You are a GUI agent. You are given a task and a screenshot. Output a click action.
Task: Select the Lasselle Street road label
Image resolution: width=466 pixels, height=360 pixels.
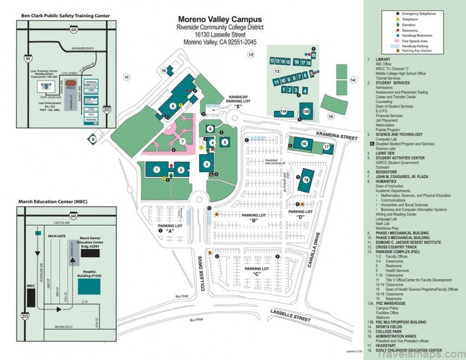click(290, 316)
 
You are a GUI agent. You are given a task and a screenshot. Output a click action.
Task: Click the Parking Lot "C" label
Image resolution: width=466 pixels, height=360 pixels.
click(257, 271)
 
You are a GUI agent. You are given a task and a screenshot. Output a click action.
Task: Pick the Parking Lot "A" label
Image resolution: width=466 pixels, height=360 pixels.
click(170, 228)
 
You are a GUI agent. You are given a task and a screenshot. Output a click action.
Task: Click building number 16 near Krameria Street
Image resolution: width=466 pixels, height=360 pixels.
click(304, 144)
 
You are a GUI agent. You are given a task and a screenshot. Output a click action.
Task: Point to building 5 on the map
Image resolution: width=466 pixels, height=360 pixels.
click(224, 142)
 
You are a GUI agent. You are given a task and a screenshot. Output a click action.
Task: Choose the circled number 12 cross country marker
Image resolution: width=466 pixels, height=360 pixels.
click(251, 55)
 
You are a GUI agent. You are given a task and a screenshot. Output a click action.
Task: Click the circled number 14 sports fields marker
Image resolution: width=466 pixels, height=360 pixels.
click(352, 80)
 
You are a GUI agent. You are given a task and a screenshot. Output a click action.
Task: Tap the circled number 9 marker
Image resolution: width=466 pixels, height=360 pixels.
click(93, 139)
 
